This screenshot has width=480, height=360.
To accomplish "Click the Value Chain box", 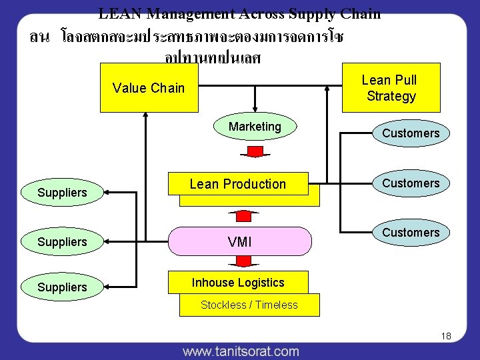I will pos(148,88).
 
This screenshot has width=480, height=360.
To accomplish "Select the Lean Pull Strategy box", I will pos(391,87).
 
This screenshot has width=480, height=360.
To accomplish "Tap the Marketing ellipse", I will pos(255,127).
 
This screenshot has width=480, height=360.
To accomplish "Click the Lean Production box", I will pos(238,184).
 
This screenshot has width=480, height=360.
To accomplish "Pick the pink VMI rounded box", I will pos(240,242).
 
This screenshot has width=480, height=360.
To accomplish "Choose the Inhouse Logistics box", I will pos(238,283).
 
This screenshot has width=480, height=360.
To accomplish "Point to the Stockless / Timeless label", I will pos(249,305).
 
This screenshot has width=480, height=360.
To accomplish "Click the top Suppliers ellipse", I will pos(63,193).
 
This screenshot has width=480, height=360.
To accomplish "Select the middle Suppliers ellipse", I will pos(63,242).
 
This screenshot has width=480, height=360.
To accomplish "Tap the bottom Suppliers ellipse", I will pos(63,287).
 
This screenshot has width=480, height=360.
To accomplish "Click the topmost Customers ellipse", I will pos(411,133).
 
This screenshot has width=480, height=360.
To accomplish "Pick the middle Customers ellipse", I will pos(411,183).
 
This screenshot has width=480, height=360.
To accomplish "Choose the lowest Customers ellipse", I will pos(411,233).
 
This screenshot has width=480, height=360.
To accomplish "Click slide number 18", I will pos(446,336).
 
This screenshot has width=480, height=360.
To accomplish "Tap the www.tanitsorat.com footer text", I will pos(241,351).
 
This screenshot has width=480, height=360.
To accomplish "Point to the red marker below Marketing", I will pos(255,152).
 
